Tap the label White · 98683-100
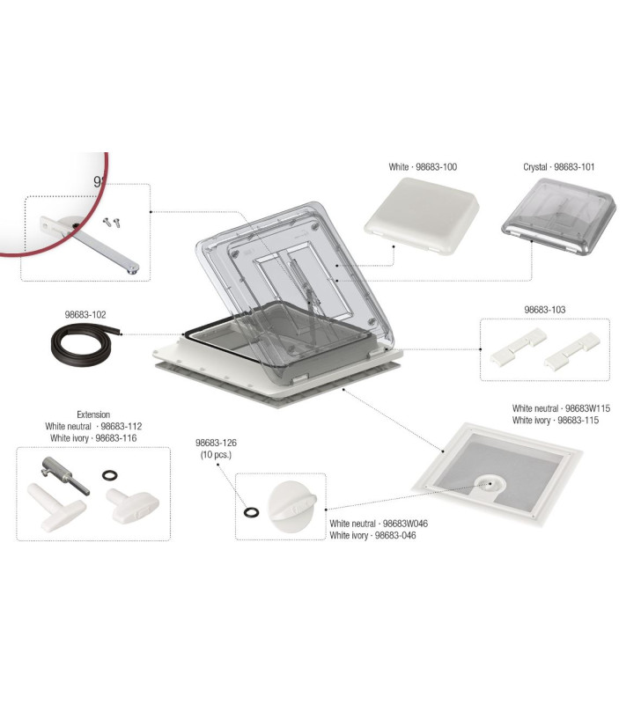(x=423, y=166)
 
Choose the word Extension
(x=93, y=414)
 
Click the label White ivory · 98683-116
(x=97, y=437)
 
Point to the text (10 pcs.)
(x=217, y=455)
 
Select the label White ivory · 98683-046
(x=373, y=535)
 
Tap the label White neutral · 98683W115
(x=561, y=408)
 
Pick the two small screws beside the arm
(x=110, y=223)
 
